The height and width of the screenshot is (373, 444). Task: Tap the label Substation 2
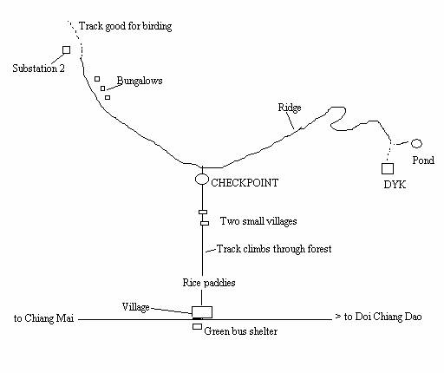(x=38, y=69)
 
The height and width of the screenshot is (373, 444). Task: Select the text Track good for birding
(x=126, y=26)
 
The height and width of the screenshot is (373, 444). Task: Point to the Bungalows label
(x=140, y=81)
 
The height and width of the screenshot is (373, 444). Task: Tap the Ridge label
(x=290, y=108)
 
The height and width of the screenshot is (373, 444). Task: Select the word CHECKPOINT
(x=245, y=183)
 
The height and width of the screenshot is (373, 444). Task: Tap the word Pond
(x=423, y=160)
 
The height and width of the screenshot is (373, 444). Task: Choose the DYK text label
(x=395, y=185)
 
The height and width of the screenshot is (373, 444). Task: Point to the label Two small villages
(x=258, y=221)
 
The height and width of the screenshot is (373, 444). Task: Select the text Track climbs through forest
(x=274, y=249)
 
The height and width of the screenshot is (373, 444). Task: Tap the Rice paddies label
(x=209, y=283)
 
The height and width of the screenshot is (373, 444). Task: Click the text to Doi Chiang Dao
(x=382, y=317)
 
